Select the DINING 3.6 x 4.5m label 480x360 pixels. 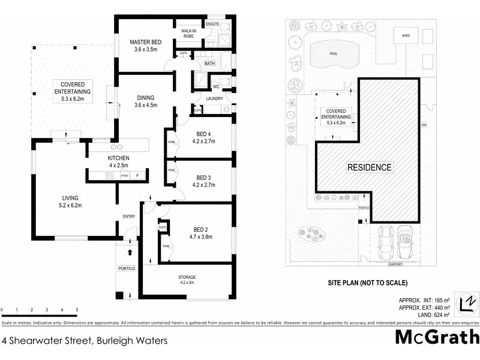tap(145, 101)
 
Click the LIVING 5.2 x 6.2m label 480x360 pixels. tap(70, 202)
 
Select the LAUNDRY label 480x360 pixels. tap(214, 99)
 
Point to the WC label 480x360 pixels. tap(216, 86)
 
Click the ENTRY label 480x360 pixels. tap(129, 217)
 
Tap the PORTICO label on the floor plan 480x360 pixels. tap(125, 268)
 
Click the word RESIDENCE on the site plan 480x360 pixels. tap(370, 167)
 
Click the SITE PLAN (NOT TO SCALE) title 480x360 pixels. tap(367, 282)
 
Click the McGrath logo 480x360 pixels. tap(437, 337)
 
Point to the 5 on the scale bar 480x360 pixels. tap(77, 310)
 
